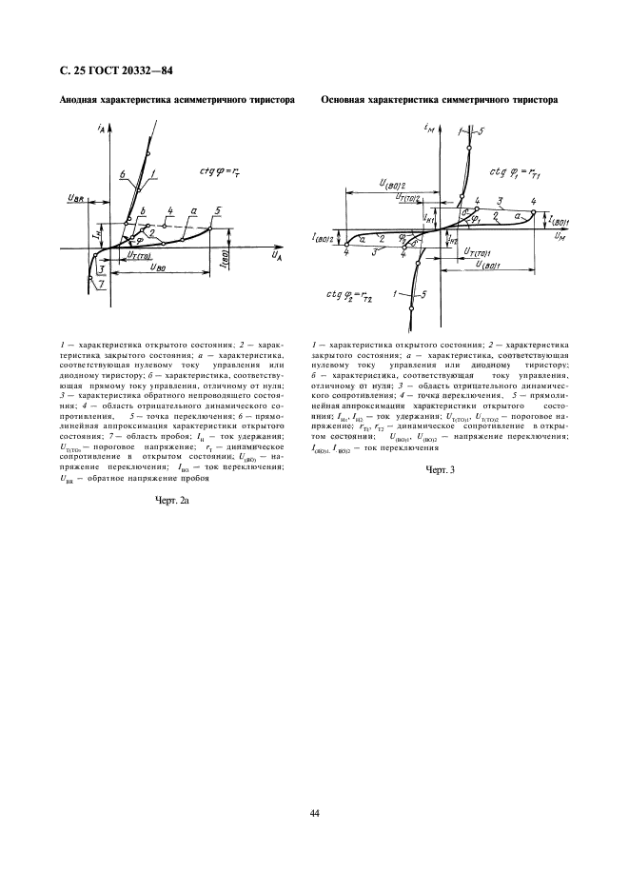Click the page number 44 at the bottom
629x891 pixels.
pos(314,812)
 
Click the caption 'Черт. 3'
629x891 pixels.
pos(440,468)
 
